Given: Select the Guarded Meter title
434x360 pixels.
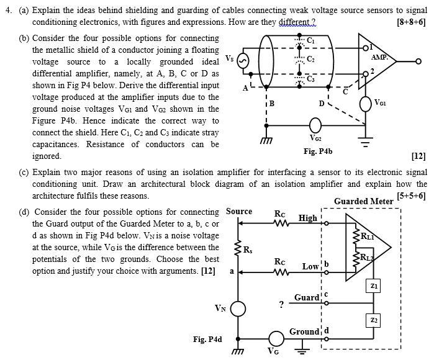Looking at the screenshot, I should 363,201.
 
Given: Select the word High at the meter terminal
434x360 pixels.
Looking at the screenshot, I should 307,218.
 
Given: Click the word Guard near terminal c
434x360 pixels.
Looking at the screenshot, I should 306,297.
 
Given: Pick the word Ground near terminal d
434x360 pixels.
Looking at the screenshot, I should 304,331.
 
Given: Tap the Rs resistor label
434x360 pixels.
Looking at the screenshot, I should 248,250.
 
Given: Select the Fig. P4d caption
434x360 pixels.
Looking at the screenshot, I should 207,339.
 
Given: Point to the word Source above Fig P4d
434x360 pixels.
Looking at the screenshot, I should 239,211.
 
